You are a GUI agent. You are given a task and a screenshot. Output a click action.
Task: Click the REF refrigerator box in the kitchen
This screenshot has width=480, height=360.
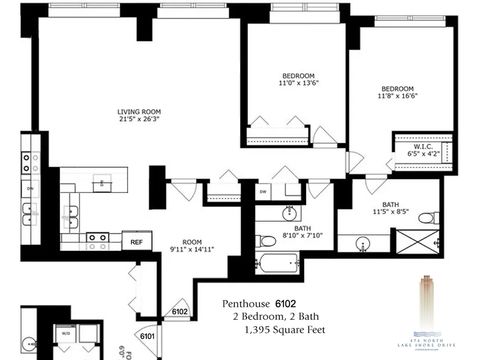coord(135,241)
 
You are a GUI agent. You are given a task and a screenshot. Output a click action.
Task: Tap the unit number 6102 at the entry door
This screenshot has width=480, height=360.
coord(180,311)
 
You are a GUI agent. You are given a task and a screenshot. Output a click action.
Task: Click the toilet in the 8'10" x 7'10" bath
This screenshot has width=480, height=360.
coord(265,241)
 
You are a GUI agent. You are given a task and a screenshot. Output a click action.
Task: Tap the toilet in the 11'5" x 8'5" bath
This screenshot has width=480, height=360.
coord(425,217)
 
